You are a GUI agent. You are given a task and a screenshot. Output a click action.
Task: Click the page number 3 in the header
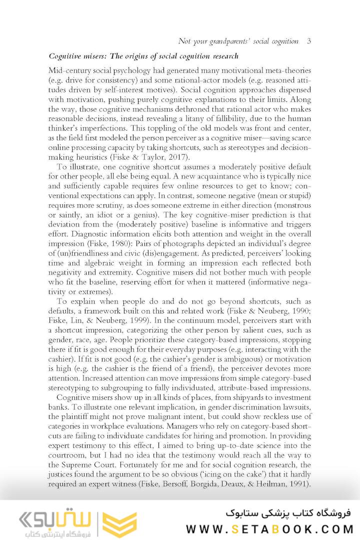309,41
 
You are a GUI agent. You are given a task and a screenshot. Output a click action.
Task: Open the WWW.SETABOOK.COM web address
269,528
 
